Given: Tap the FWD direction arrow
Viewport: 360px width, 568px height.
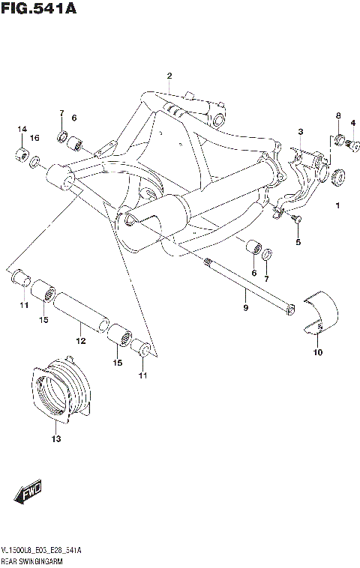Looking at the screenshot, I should tap(28, 495).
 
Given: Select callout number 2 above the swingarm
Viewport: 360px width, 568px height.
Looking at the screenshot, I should tap(169, 76).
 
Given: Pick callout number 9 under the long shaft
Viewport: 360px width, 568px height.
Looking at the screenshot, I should tap(244, 307).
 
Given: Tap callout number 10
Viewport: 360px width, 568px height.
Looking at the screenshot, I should tap(316, 352).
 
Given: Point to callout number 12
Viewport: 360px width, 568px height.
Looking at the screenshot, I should tap(81, 341).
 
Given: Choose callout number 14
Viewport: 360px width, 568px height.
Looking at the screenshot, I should tap(22, 130).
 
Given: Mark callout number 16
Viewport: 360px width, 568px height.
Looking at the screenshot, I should tap(34, 139).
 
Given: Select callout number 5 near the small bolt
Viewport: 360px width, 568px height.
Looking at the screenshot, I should tap(297, 242).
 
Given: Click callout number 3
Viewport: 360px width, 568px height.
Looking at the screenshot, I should tap(300, 132).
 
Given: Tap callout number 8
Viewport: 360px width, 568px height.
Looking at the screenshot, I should tap(338, 115).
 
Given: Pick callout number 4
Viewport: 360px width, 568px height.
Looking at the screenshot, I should tap(352, 124).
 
